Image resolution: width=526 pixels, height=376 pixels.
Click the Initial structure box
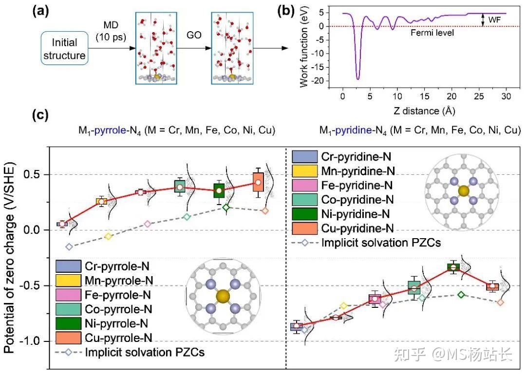tap(64, 48)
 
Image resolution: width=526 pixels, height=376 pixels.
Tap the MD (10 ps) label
tap(111, 31)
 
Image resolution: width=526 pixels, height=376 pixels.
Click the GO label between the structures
tap(194, 35)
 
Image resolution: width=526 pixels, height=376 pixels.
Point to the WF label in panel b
tap(494, 19)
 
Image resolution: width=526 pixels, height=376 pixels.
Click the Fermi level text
tap(432, 33)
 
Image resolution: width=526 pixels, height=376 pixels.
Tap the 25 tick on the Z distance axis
tap(479, 96)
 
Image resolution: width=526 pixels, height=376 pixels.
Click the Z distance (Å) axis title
tap(424, 111)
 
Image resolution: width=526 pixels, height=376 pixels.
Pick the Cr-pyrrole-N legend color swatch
tap(69, 266)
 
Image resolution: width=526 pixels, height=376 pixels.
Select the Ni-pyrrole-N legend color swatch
tap(69, 323)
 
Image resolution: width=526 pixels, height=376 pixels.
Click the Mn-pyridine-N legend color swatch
tap(304, 171)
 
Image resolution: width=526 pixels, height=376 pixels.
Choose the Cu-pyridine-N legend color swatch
tap(304, 228)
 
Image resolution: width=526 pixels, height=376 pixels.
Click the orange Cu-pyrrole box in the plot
tap(258, 182)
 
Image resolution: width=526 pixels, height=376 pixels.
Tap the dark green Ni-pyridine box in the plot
tap(453, 267)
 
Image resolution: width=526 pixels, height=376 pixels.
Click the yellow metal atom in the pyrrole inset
tap(223, 296)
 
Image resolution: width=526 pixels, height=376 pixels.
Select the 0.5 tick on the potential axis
tap(32, 174)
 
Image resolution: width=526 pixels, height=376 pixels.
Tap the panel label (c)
tap(40, 115)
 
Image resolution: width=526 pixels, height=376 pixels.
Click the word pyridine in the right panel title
tap(354, 130)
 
